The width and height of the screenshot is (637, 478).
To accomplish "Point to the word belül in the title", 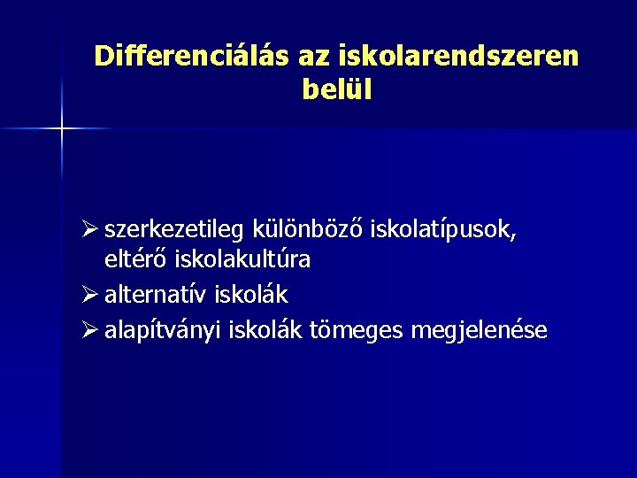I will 337,90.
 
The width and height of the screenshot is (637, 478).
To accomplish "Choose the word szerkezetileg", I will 175,231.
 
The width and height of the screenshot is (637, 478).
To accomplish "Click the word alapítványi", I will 164,331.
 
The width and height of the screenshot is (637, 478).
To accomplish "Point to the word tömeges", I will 355,331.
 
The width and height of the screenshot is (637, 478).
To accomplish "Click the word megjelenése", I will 479,331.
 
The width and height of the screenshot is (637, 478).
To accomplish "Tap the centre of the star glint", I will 62,129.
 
